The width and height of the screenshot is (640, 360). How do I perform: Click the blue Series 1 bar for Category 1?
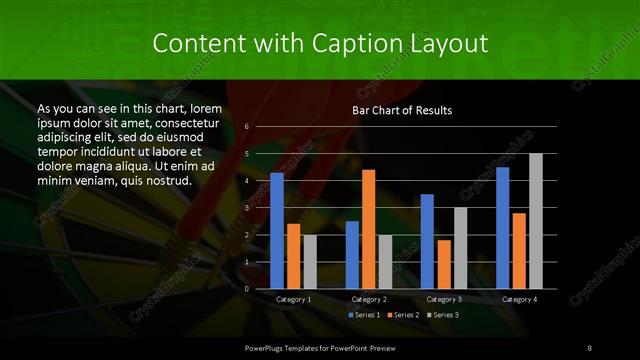coord(277,231)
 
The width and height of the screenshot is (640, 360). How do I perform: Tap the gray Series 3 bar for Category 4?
coord(536,221)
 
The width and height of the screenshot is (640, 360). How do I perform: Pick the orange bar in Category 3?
coord(444,264)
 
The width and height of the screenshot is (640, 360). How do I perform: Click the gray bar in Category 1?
coord(310,262)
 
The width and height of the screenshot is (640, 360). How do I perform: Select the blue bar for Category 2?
coord(352,255)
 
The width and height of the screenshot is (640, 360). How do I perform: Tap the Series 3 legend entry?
coord(443,315)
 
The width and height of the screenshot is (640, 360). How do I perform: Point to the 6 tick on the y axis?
coord(247,127)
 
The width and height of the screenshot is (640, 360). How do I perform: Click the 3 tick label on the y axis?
coord(247,208)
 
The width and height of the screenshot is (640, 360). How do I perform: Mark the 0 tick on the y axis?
coord(247,289)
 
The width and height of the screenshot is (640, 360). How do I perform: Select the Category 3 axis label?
coord(444,299)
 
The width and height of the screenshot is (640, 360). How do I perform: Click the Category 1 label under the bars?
coord(293,299)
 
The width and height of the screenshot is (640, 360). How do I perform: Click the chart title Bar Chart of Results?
coord(402,110)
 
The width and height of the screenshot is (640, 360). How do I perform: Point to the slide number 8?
coord(590,346)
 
